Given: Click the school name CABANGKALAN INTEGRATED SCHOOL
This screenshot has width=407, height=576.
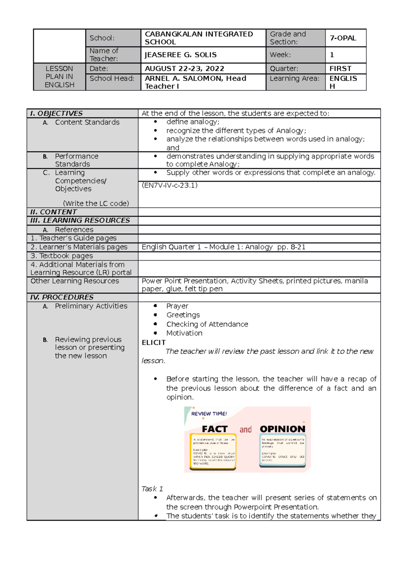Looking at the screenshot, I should [x=199, y=38].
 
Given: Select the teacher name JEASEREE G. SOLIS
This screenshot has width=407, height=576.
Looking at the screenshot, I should [x=180, y=55].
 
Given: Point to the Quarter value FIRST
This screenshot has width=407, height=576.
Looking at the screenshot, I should [x=340, y=69].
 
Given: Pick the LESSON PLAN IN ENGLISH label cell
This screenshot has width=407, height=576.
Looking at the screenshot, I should [x=59, y=77].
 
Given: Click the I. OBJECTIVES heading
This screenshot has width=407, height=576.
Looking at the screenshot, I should [x=56, y=113].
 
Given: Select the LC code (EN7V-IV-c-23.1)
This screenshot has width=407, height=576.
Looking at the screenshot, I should [x=170, y=185].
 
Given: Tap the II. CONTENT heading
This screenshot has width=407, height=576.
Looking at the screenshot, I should [x=54, y=212].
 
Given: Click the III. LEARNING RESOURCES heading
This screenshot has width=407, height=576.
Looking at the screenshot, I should [x=80, y=220].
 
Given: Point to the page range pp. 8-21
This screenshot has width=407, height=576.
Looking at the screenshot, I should [x=291, y=247].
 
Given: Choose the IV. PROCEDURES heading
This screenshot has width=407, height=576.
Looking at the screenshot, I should [x=62, y=297].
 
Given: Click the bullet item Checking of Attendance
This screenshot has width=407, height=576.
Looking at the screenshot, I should [x=207, y=324].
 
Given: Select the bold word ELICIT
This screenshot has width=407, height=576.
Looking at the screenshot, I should [x=154, y=343].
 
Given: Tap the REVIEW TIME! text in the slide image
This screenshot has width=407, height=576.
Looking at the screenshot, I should [x=209, y=414].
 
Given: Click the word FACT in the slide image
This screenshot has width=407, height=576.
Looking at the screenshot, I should [x=215, y=429].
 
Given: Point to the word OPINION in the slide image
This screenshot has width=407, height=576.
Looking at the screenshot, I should [x=283, y=429].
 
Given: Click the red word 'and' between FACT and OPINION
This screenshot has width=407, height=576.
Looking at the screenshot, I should [x=246, y=430].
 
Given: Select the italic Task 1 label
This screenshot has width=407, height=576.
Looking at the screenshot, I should [x=152, y=489].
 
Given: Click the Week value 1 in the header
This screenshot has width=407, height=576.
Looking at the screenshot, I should [x=332, y=55].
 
